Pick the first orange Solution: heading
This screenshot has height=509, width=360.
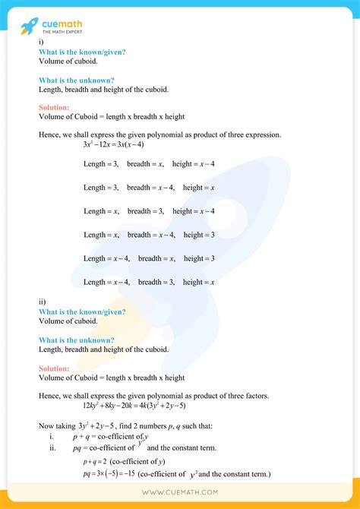tap(54, 108)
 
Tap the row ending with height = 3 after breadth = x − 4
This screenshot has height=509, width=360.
tap(149, 235)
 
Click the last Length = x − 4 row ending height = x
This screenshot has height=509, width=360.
tap(149, 282)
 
